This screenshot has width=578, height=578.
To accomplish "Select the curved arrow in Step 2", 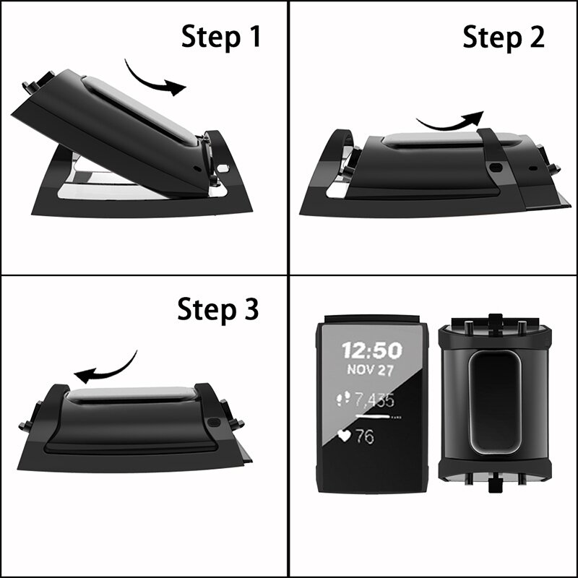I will click(x=450, y=121).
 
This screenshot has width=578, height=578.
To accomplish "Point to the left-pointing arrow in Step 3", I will click(x=107, y=368).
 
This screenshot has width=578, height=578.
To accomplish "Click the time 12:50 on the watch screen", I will click(x=371, y=351).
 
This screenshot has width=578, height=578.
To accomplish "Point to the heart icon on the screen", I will click(x=345, y=436).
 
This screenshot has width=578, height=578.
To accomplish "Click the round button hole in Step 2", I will click(x=496, y=166).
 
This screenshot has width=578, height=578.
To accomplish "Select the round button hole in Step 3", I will click(x=215, y=424).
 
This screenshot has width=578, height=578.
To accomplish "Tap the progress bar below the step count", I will click(x=376, y=418).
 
